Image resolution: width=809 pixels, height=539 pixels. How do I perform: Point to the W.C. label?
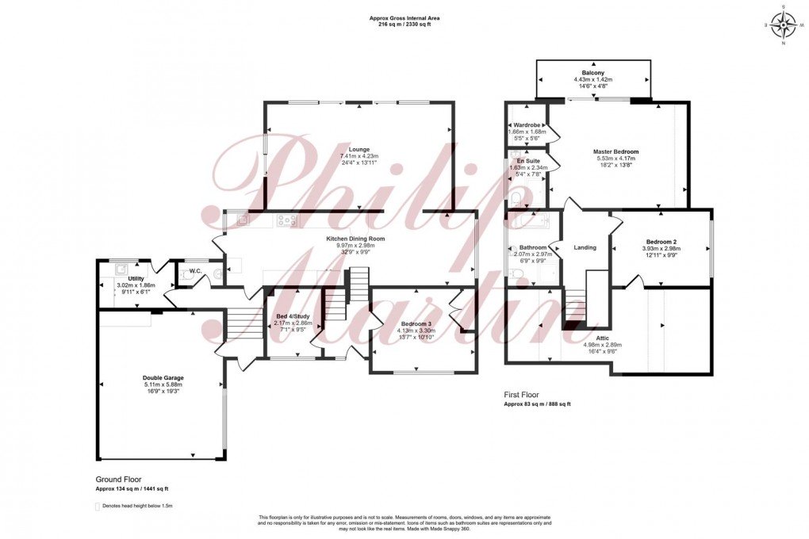194,271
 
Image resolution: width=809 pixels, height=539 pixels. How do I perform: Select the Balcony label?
593,72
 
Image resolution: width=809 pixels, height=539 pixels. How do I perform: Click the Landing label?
585,248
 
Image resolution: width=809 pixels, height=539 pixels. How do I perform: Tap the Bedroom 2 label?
661,242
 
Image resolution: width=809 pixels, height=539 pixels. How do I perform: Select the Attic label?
603,338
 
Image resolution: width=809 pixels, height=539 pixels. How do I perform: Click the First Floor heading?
521,394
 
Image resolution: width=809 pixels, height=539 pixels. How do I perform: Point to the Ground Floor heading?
118,480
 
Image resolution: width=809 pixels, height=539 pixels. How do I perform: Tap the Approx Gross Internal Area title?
404,17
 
